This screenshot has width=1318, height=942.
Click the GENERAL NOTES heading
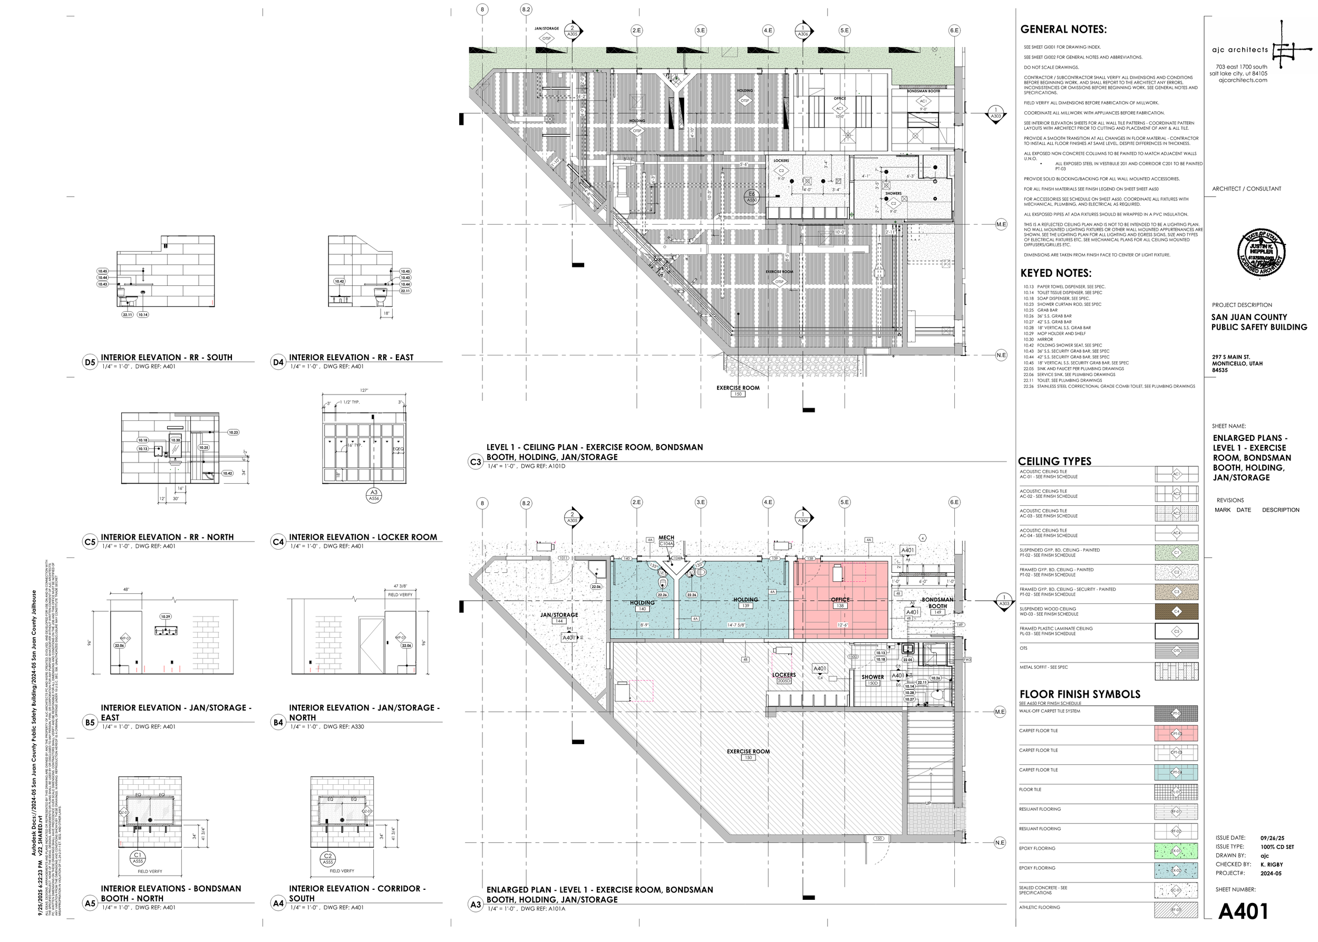click(1063, 30)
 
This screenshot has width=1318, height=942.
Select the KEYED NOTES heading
click(1055, 273)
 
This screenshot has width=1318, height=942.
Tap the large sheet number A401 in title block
click(1243, 911)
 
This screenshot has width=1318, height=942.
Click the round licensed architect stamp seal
click(1261, 253)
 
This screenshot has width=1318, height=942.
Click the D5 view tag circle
click(90, 362)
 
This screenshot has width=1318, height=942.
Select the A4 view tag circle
click(278, 903)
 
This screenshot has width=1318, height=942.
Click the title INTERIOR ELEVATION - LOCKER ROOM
click(363, 537)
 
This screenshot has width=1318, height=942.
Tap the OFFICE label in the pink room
click(840, 600)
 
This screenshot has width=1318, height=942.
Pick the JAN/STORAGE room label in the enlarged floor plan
click(559, 615)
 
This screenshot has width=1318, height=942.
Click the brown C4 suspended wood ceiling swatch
click(1176, 611)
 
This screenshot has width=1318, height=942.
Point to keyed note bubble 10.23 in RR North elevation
click(233, 432)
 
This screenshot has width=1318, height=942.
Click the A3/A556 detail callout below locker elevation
click(374, 495)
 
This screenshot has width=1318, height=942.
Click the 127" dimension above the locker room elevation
click(364, 390)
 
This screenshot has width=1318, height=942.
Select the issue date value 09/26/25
click(1272, 838)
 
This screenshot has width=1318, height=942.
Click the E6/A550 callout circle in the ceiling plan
click(751, 197)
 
